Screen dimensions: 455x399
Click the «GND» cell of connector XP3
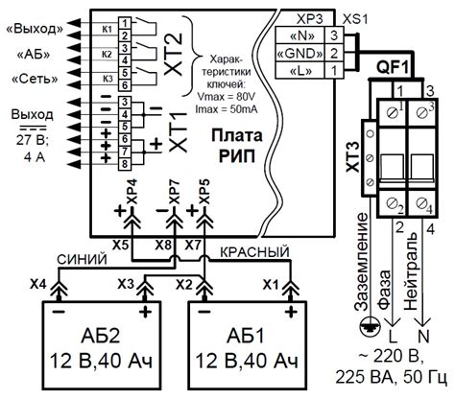300,53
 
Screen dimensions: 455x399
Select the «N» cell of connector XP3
300,35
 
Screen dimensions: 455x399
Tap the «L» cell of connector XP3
300,70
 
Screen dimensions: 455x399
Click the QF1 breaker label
393,68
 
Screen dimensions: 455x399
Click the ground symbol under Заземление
370,328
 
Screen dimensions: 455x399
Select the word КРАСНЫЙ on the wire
254,252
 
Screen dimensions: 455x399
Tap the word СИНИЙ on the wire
82,260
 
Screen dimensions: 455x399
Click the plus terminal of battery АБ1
291,311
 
